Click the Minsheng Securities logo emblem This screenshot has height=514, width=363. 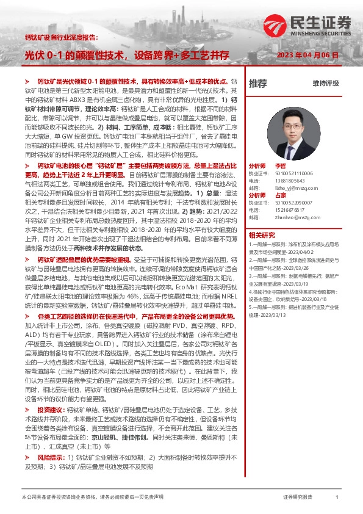point(297,23)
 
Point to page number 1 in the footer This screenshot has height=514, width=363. point(337,498)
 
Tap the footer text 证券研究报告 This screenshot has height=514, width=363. point(297,498)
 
